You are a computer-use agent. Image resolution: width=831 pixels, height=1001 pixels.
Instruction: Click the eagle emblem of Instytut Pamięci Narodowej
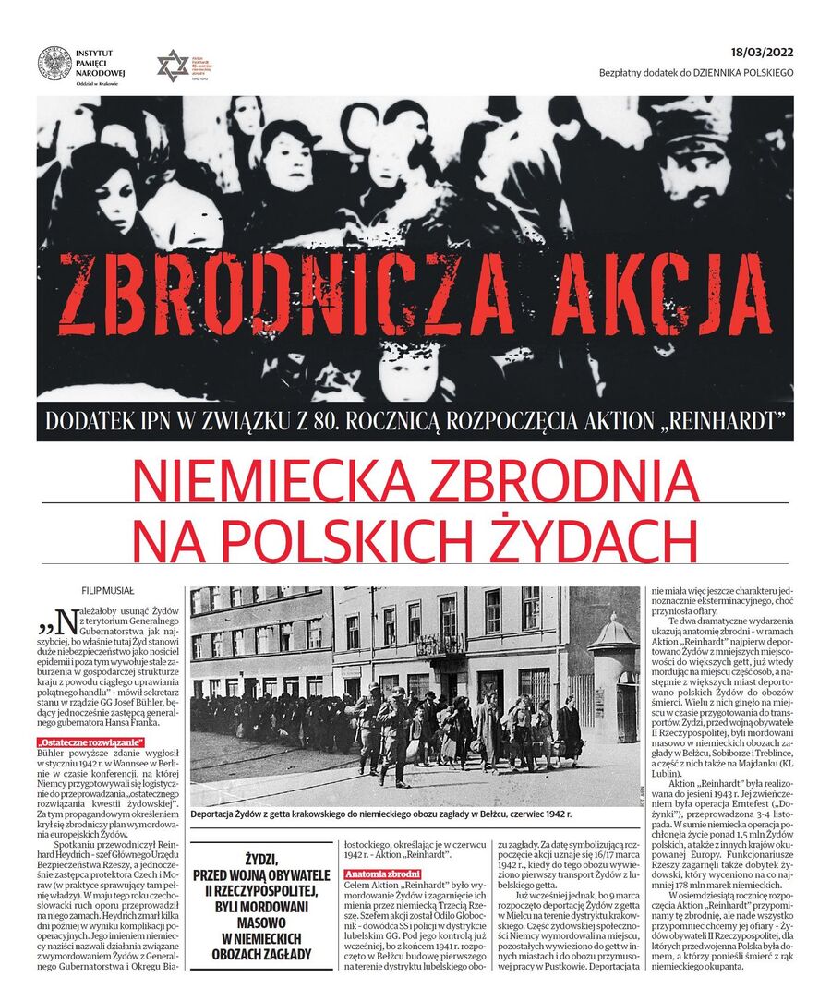(x=54, y=63)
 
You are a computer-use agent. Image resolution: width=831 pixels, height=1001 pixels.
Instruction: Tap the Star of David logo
(x=172, y=65)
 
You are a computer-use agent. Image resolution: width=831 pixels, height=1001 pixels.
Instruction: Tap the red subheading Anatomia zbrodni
(x=382, y=874)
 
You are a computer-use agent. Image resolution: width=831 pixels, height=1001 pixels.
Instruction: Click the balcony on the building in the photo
(x=440, y=645)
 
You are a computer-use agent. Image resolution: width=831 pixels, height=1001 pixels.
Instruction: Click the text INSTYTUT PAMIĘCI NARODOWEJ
(x=102, y=63)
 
